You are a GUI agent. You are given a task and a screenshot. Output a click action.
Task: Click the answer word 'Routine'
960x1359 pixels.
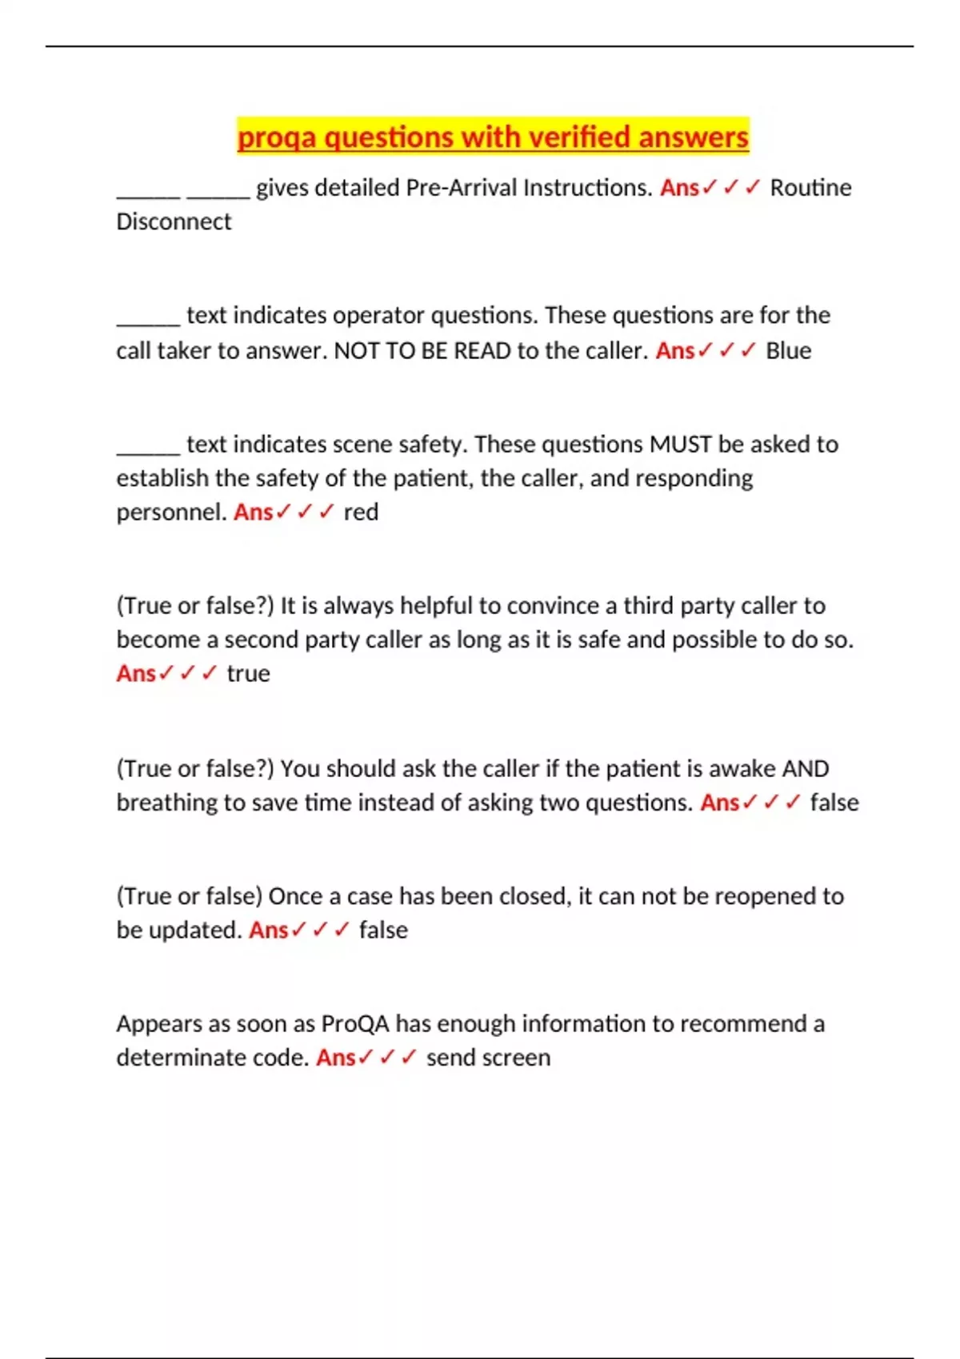(810, 188)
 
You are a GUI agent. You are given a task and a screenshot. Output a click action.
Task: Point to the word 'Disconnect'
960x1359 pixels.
(174, 221)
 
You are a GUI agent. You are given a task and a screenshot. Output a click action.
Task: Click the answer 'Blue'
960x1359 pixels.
(788, 351)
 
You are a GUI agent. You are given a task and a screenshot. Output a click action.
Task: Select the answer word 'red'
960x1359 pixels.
(361, 512)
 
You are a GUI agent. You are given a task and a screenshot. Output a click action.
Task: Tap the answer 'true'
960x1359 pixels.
(248, 674)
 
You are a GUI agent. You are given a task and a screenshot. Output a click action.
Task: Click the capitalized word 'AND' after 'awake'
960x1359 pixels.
(805, 769)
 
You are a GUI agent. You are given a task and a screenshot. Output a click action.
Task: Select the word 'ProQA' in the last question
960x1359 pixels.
(354, 1024)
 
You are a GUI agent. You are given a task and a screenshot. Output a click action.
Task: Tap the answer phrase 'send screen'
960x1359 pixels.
(488, 1058)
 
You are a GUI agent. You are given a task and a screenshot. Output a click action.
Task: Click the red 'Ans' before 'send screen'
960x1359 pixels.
(336, 1058)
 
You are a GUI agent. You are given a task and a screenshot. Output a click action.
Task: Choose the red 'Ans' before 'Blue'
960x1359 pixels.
(675, 351)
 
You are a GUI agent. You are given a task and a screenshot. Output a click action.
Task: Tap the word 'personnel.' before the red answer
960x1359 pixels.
(171, 512)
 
